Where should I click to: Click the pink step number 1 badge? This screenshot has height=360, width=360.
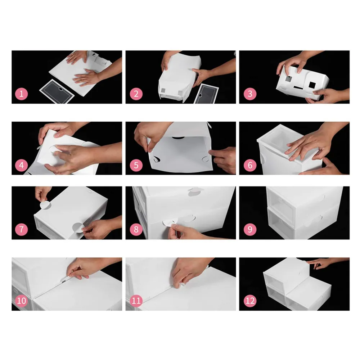[x=21, y=94]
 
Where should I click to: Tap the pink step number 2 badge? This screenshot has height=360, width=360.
[x=136, y=94]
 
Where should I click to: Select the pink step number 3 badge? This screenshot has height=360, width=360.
[x=250, y=94]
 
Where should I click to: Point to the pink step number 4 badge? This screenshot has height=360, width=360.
[x=21, y=165]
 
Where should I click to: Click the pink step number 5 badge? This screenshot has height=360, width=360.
[x=136, y=165]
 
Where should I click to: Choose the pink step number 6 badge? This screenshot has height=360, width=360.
[x=250, y=165]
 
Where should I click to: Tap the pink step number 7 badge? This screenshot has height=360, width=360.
[x=21, y=229]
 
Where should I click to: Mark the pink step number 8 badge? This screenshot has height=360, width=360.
[x=136, y=229]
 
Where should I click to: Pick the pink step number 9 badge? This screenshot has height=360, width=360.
[x=250, y=229]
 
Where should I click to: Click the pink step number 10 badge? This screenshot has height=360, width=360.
[x=21, y=301]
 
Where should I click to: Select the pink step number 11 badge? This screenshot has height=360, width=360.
[x=136, y=301]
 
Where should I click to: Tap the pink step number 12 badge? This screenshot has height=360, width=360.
[x=250, y=301]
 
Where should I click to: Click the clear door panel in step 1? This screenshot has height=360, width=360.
[x=57, y=91]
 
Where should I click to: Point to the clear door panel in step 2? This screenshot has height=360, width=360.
[x=206, y=94]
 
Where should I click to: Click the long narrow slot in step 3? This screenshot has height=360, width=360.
[x=298, y=88]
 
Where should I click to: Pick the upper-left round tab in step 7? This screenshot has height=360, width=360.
[x=45, y=205]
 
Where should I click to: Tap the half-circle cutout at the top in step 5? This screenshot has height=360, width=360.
[x=178, y=138]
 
